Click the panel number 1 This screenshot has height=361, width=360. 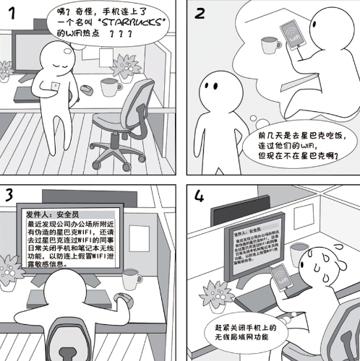12,17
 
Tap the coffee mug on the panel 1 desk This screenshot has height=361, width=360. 111,87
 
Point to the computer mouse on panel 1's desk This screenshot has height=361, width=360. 85,90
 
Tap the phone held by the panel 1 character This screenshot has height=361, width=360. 56,87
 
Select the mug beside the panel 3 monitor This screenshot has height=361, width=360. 132,279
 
